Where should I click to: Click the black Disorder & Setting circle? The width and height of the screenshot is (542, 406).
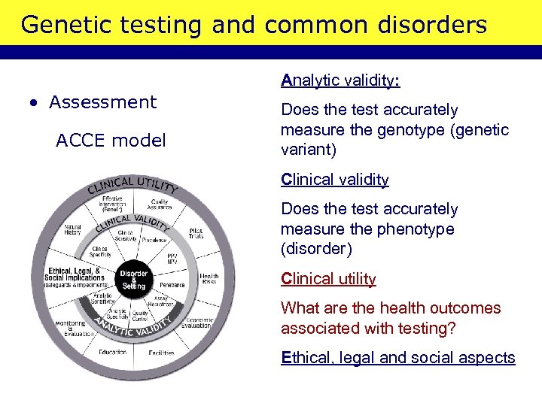(133, 280)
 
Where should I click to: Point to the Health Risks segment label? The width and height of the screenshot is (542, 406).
(209, 278)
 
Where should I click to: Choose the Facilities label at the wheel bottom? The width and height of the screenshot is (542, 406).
(161, 352)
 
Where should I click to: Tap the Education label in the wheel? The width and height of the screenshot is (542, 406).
(112, 352)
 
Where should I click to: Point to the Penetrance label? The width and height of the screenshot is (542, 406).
(172, 286)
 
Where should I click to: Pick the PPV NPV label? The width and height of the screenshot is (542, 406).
(172, 260)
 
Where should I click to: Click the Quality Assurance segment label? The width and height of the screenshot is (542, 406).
(159, 205)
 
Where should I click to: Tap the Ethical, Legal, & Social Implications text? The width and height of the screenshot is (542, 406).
(75, 276)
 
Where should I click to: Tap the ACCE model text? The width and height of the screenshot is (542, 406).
(111, 141)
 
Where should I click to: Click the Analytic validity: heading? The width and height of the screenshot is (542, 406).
(340, 80)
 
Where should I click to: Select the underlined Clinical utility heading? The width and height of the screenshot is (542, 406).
(328, 279)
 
